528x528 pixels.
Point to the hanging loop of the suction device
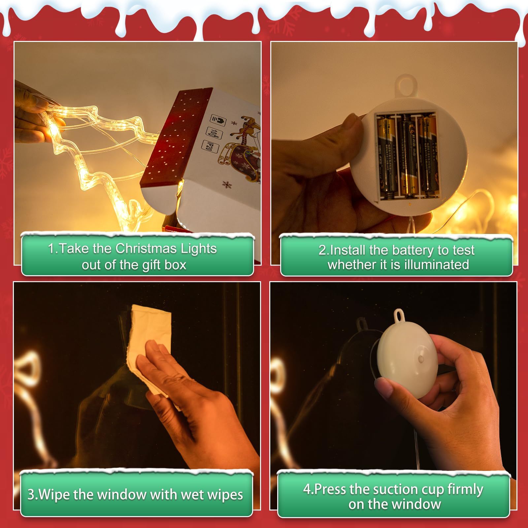(x=400, y=315)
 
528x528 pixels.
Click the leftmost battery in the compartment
(x=387, y=158)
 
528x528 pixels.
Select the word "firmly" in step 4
(x=465, y=489)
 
